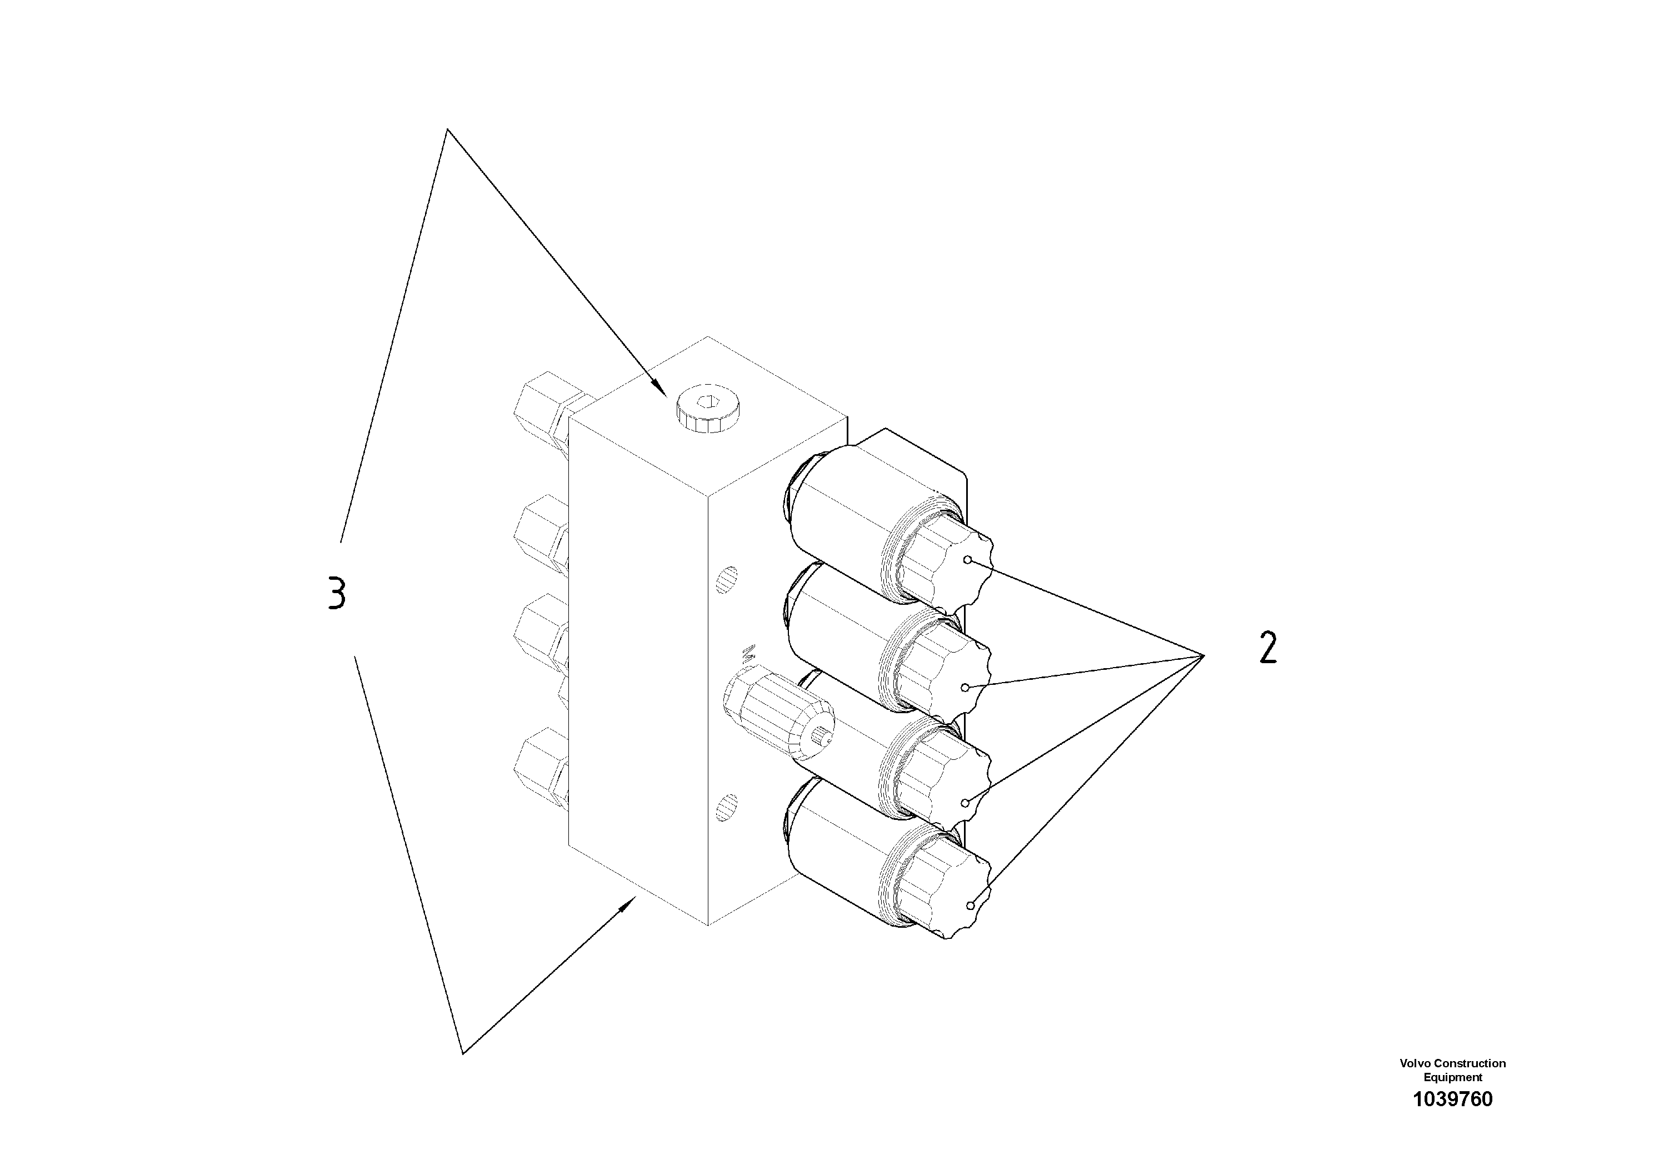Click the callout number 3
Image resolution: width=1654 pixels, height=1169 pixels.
pos(336,593)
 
